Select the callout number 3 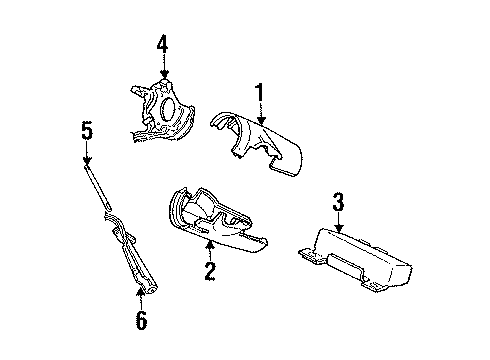coord(338,204)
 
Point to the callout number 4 coord(163,43)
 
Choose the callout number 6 coord(140,320)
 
